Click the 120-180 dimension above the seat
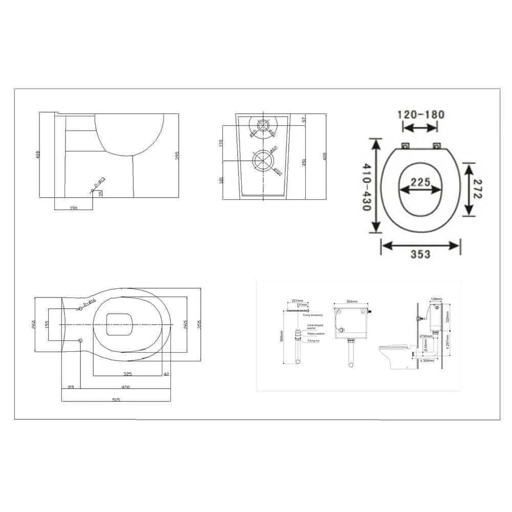421,114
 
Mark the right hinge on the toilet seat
436,146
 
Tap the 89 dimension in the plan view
71,387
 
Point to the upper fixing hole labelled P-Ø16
81,309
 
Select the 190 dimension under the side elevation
73,208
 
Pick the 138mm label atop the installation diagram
436,298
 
